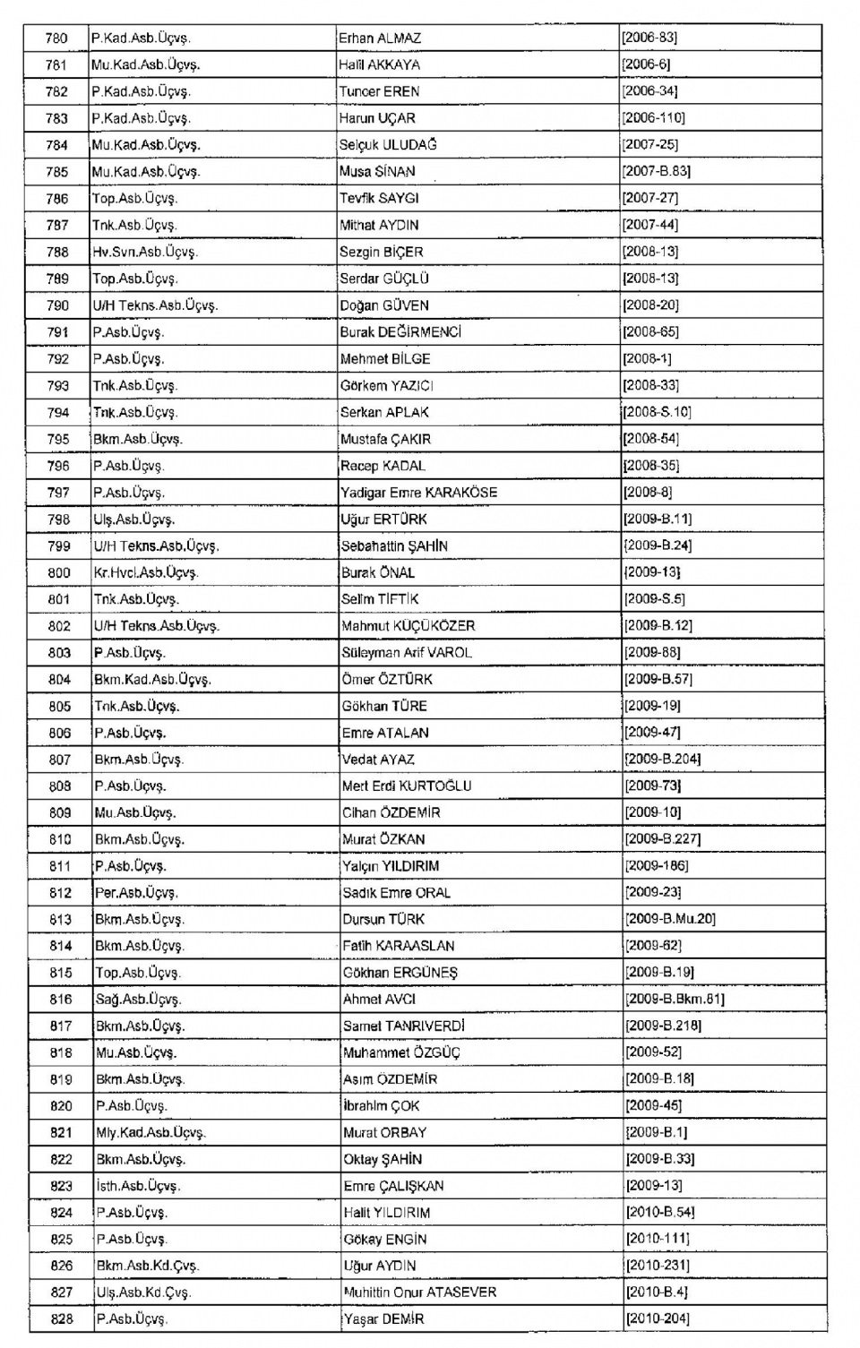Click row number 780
point(56,39)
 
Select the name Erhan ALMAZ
point(380,39)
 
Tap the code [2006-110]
point(653,118)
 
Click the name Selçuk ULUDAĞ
point(388,145)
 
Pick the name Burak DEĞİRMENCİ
point(400,332)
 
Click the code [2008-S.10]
point(657,413)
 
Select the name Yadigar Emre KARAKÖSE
point(418,493)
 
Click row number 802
point(59,626)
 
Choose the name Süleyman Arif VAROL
point(407,653)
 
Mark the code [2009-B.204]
point(663,760)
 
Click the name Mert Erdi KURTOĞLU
point(407,786)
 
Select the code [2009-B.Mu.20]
point(670,919)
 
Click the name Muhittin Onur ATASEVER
point(420,1292)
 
